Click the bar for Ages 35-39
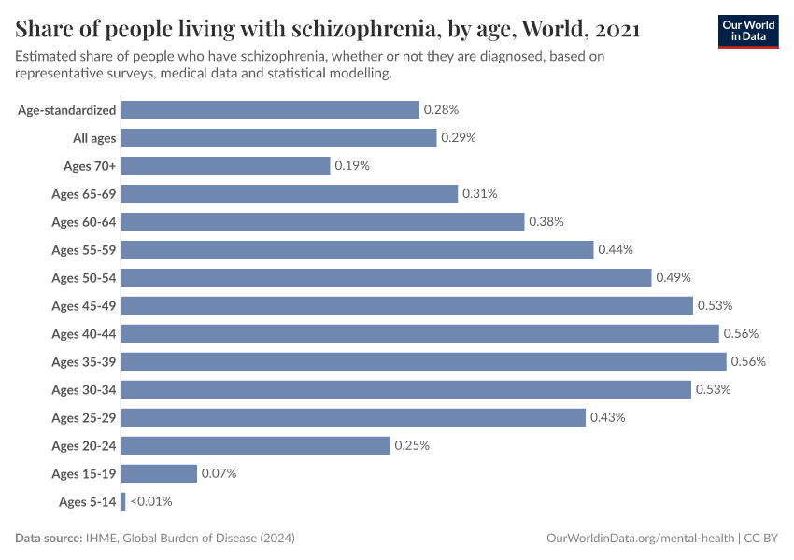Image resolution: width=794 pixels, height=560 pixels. pos(423,361)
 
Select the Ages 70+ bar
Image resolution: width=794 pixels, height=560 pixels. pos(225,165)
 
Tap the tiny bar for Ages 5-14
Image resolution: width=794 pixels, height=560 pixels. pos(123,501)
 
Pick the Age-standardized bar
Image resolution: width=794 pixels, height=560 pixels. pos(270,109)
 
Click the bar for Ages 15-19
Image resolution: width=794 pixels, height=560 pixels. pos(159,473)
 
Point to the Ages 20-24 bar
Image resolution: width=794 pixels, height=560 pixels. pos(255,445)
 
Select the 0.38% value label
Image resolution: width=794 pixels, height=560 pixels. pos(546,221)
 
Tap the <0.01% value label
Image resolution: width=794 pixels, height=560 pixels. pos(151,501)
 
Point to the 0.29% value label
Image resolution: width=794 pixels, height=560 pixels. pos(459,137)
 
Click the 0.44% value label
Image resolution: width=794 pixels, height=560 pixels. pos(616,249)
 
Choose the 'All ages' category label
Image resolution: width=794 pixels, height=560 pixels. pos(94,137)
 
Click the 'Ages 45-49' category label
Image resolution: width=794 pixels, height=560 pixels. pos(84,305)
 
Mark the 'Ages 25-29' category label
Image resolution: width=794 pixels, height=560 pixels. pos(84,417)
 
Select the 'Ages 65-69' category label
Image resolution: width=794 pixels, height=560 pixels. pos(84,193)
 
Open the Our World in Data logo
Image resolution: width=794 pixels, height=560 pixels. pos(747,30)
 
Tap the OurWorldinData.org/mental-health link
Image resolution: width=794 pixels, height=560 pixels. pos(640,539)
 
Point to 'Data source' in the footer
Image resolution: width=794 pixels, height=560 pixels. pos(48,539)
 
